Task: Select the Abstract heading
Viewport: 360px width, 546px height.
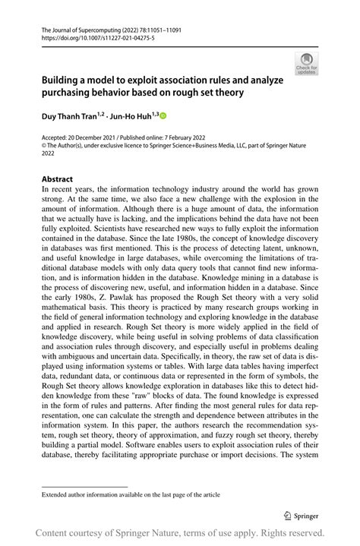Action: coord(58,179)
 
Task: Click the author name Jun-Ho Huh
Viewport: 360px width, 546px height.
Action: coord(132,116)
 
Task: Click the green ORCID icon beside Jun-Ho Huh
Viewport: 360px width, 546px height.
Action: coord(161,116)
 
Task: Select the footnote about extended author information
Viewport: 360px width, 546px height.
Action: coord(131,494)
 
